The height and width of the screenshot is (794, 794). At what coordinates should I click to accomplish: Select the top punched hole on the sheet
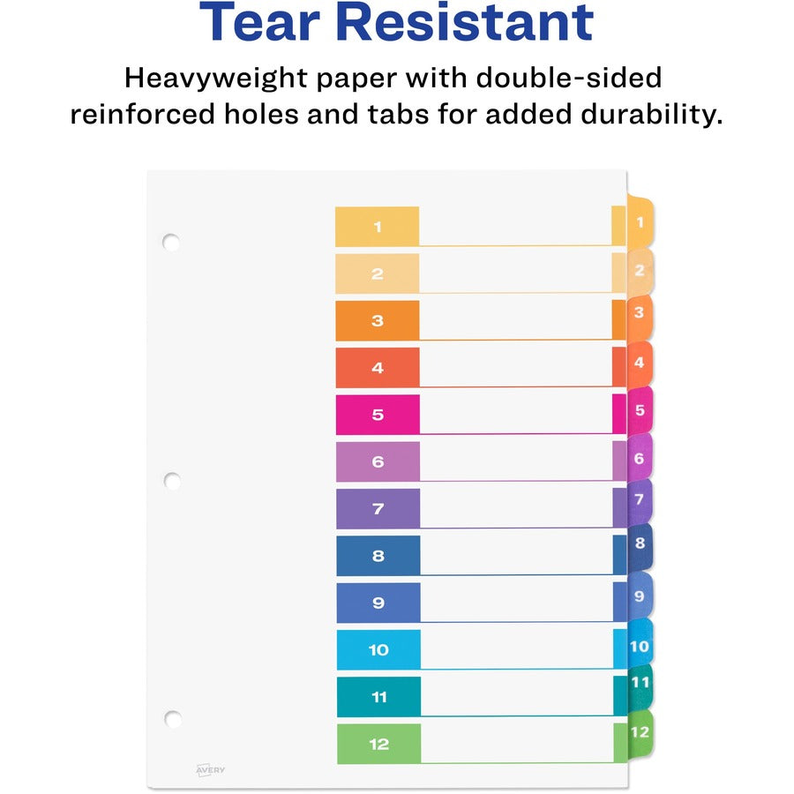tap(171, 241)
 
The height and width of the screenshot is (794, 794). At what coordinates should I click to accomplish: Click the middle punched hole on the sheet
tap(172, 481)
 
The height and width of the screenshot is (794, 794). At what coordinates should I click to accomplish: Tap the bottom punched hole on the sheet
tap(173, 718)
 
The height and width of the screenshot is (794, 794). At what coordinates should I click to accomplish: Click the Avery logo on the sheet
tap(210, 770)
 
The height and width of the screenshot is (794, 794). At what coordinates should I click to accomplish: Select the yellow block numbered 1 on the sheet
tap(377, 227)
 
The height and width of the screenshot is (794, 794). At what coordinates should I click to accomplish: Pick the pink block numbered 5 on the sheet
tap(378, 415)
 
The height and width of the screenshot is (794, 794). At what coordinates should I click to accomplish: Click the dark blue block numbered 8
tap(378, 556)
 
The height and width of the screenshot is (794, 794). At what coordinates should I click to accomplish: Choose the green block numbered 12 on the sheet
tap(378, 744)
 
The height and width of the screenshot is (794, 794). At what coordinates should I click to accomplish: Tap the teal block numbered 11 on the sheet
tap(378, 697)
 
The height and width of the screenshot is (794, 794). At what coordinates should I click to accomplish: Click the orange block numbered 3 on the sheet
tap(377, 320)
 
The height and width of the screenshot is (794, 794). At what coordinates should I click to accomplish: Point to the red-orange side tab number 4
tap(640, 363)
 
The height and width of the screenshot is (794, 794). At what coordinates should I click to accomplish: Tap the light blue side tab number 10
tap(640, 646)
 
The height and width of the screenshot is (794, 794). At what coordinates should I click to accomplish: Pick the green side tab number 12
tap(640, 732)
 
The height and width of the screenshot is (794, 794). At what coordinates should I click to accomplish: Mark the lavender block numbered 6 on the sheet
tap(378, 461)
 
